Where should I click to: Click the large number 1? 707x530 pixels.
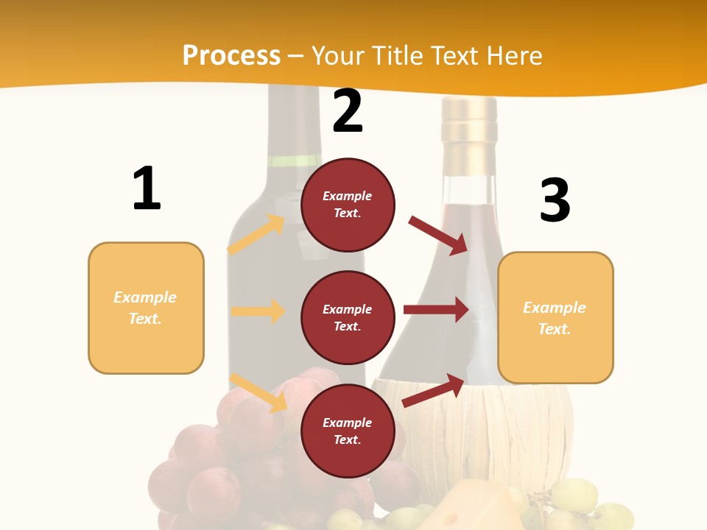147,189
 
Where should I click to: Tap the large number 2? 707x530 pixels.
348,112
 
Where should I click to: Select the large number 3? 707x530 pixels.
555,200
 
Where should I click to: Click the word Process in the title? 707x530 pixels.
231,56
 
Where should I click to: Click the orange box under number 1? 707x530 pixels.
146,308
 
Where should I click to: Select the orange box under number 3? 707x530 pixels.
555,317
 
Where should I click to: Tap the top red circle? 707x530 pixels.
348,205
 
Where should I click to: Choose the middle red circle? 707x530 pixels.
348,317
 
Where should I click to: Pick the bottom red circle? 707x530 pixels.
348,431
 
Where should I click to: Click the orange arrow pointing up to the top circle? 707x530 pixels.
256,235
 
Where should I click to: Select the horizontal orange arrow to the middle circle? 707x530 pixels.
258,311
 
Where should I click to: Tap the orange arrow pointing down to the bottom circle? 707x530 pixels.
258,392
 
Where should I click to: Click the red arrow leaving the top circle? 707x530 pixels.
439,235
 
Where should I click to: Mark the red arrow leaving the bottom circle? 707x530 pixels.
434,391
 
